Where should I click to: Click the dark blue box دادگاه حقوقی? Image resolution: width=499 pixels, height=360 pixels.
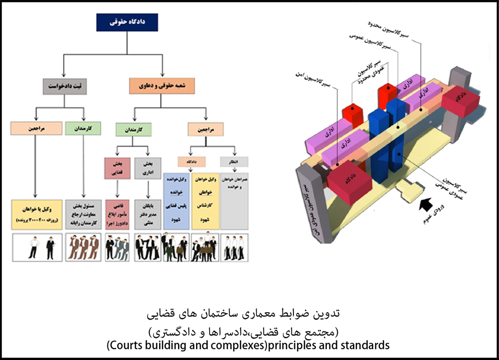pos(127,22)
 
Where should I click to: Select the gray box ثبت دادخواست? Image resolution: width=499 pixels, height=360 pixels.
pos(63,85)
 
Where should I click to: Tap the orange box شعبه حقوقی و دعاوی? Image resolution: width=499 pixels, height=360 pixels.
pos(162,85)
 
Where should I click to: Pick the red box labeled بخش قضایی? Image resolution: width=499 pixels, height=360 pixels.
pos(117,168)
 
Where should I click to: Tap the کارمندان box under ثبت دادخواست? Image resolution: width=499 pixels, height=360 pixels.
pos(83,128)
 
